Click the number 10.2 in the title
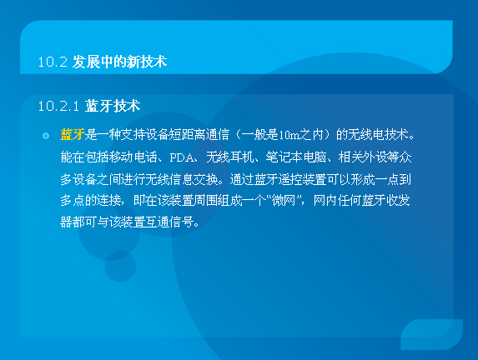tap(53, 62)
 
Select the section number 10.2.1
tap(58, 106)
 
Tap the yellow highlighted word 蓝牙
tap(73, 135)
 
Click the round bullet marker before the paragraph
tap(46, 136)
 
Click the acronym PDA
tap(182, 157)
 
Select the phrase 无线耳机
tap(230, 157)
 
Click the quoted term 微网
tap(284, 201)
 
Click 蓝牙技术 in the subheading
tap(113, 106)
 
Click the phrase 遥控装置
tap(302, 179)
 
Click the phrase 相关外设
tap(362, 157)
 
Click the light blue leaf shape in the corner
tap(431, 334)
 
